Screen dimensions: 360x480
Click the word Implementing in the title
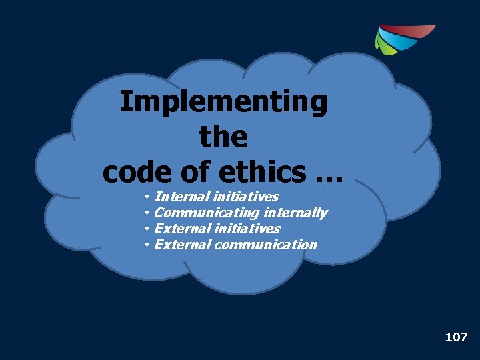click(x=223, y=103)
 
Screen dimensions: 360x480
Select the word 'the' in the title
click(x=223, y=137)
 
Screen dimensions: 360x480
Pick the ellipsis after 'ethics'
click(x=327, y=175)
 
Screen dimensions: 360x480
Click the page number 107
click(x=456, y=337)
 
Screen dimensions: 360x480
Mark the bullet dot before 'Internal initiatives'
click(x=146, y=197)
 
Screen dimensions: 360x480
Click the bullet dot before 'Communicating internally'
click(x=146, y=213)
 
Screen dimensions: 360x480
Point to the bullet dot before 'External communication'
click(x=146, y=245)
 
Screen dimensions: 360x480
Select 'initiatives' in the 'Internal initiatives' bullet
click(x=246, y=197)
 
